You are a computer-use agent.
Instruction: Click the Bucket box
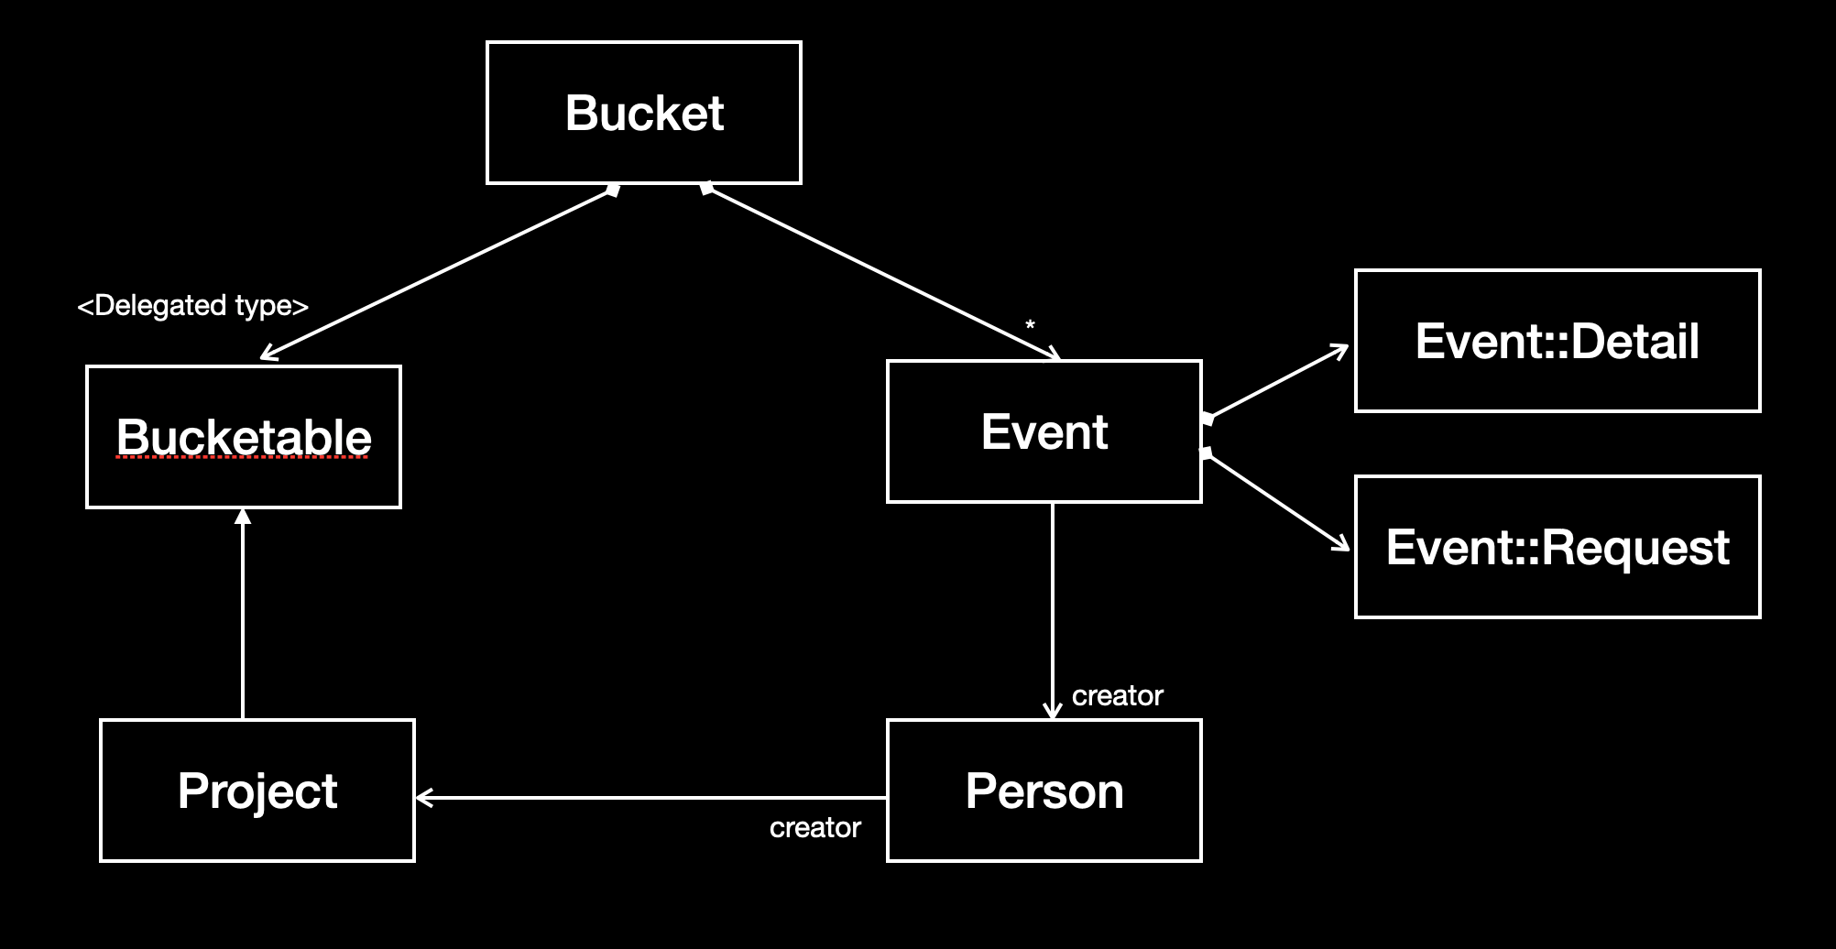click(x=643, y=113)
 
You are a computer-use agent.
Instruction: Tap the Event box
click(x=1044, y=431)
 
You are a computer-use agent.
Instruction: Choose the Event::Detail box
click(x=1557, y=341)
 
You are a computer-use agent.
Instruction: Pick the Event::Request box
click(x=1557, y=547)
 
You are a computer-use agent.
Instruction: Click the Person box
click(x=1044, y=791)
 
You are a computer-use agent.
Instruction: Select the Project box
click(x=257, y=791)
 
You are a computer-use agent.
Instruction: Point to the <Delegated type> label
click(x=192, y=305)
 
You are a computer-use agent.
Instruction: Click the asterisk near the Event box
click(x=1030, y=325)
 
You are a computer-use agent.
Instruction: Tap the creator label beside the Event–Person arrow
click(x=1117, y=696)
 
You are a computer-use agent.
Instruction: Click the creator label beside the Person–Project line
click(x=814, y=828)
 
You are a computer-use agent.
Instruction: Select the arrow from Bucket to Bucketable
click(x=437, y=273)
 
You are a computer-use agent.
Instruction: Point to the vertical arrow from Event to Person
click(x=1053, y=609)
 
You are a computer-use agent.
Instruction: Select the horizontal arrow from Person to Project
click(x=650, y=798)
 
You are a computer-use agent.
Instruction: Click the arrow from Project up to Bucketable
click(x=243, y=614)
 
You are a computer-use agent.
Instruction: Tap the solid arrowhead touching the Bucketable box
click(x=243, y=517)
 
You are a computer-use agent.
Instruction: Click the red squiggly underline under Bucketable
click(x=243, y=457)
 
